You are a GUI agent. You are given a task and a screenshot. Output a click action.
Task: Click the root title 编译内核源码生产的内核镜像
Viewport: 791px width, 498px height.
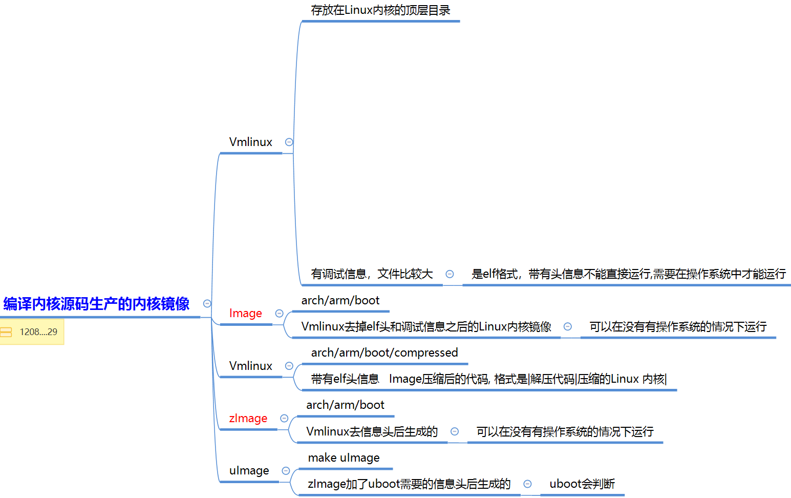(x=96, y=304)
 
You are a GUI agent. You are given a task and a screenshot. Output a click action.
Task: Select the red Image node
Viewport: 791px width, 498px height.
(x=246, y=313)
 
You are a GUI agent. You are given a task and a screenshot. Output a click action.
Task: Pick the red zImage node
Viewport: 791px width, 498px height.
(x=248, y=418)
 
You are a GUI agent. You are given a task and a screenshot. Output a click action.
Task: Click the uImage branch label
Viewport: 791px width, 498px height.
(x=249, y=470)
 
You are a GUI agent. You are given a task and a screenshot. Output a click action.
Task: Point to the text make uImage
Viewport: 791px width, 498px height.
(x=344, y=458)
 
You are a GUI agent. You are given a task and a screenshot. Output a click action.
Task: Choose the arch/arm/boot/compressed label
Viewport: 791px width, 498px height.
(x=384, y=352)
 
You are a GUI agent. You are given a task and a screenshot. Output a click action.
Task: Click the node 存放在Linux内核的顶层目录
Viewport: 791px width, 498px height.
(x=380, y=10)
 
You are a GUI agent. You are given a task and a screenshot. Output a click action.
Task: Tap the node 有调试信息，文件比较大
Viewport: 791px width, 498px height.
(x=372, y=274)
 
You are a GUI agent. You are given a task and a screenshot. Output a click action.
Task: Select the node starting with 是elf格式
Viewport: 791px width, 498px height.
(x=629, y=274)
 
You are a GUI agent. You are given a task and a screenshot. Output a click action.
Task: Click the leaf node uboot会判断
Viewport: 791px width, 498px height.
(x=582, y=484)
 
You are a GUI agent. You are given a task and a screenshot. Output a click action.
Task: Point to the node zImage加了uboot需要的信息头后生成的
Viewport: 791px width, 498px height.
(x=409, y=484)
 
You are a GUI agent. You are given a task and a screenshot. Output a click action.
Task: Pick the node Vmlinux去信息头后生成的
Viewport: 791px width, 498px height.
(x=372, y=431)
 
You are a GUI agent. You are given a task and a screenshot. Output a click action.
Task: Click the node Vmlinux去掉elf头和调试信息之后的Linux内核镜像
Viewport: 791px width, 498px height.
(x=426, y=326)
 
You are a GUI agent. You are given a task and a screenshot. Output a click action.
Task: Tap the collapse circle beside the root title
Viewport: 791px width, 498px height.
(x=207, y=303)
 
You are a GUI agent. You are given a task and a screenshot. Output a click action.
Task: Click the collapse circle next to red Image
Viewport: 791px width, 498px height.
(x=280, y=313)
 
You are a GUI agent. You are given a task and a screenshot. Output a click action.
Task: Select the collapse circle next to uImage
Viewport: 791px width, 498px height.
(x=286, y=470)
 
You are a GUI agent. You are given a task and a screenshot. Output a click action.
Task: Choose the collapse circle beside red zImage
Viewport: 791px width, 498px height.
(x=285, y=418)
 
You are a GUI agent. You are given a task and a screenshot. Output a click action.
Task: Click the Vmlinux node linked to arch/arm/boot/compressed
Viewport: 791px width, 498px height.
(x=251, y=366)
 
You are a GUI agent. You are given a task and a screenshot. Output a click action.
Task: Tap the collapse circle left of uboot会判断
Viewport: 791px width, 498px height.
(x=527, y=484)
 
